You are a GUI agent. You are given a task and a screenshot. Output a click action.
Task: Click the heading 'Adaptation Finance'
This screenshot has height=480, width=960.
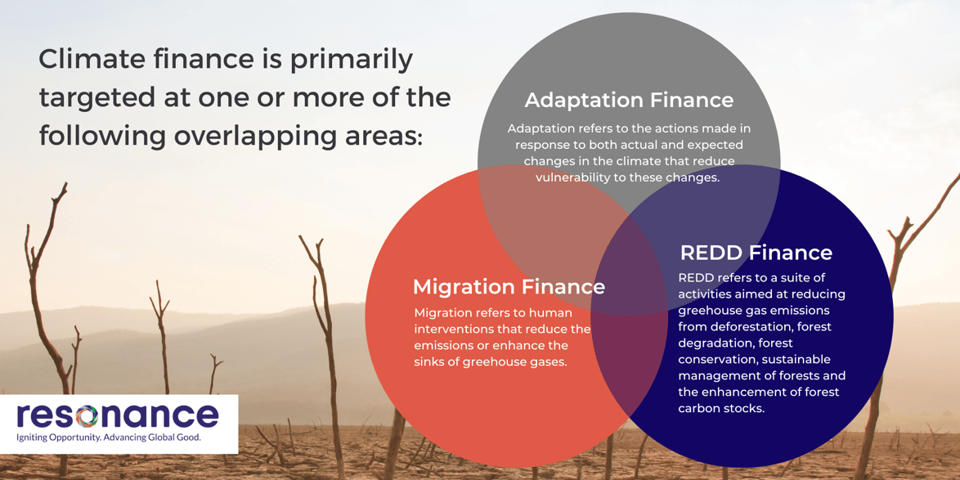[629, 100]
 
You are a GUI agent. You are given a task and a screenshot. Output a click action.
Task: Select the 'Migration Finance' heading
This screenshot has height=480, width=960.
[509, 287]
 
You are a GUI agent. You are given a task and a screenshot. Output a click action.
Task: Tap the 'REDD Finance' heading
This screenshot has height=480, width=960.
[756, 253]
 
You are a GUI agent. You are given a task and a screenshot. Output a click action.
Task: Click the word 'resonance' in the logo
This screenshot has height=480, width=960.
[118, 415]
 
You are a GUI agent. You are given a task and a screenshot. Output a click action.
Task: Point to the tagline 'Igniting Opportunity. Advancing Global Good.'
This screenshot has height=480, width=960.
[109, 437]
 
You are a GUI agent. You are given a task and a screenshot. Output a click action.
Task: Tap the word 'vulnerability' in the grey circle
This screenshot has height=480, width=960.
[576, 177]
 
